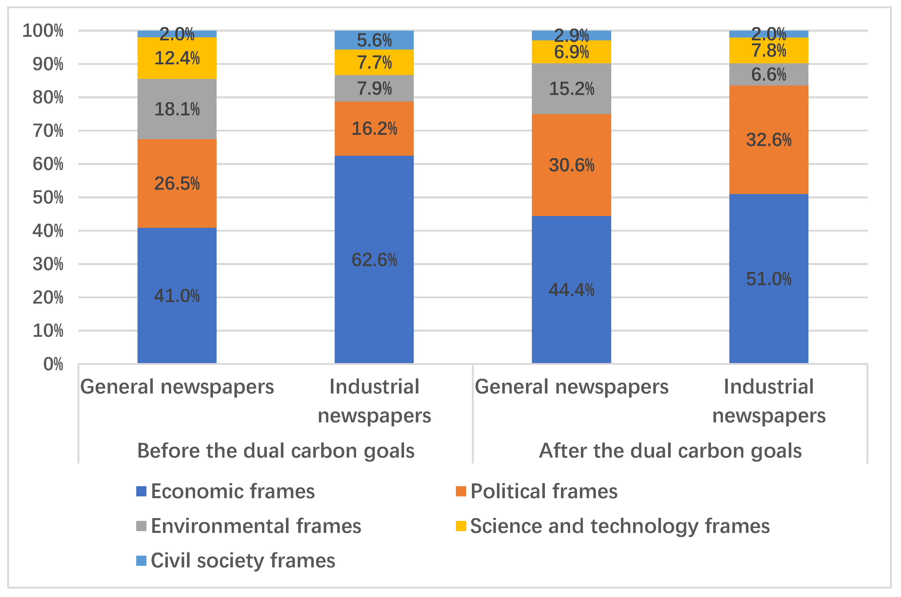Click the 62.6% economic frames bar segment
click(374, 259)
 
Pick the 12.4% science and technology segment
click(177, 58)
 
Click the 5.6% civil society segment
click(374, 40)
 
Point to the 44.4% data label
click(571, 290)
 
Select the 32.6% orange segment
click(768, 140)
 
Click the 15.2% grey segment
click(571, 89)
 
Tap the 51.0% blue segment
click(768, 278)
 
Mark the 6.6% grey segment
click(768, 74)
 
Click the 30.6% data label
click(571, 165)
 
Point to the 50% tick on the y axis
click(48, 197)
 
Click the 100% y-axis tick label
click(43, 30)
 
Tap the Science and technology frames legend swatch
click(461, 526)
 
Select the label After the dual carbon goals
click(670, 450)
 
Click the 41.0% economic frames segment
click(177, 295)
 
